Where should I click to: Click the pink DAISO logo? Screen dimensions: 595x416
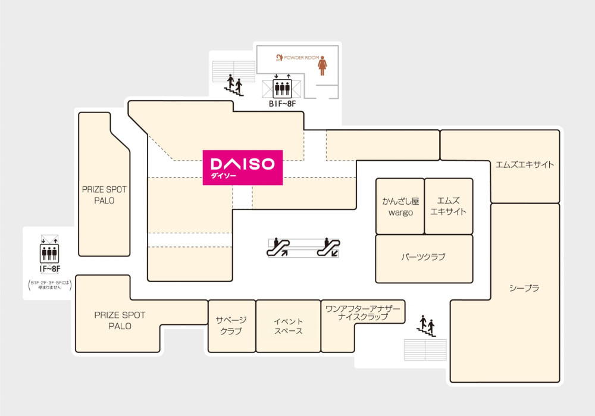coord(243,167)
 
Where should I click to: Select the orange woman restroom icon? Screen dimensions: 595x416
coord(322,65)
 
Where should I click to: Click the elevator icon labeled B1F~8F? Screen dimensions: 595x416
coord(282,88)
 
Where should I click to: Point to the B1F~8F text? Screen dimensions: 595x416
coord(282,104)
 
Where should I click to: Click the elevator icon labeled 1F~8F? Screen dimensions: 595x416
coord(49,253)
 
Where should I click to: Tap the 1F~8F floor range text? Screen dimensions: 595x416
coord(50,269)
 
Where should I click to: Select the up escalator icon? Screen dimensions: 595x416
coord(278,247)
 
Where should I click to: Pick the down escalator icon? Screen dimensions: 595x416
coord(328,247)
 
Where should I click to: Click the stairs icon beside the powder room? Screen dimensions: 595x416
coord(233,85)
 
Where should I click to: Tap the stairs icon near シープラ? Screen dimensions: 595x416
coord(427,326)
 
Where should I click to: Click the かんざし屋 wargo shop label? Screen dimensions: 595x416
coord(400,207)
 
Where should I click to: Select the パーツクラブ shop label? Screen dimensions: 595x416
coord(423,257)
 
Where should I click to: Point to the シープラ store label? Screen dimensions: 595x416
coord(524,288)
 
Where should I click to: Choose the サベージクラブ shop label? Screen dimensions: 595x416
coord(231,326)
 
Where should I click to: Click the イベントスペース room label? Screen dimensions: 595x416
coord(288,326)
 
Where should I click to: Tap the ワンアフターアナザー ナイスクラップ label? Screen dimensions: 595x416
coord(363,312)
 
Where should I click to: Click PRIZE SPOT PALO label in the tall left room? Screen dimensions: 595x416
coord(104,195)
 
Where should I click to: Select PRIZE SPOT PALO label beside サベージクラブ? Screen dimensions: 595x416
coord(120,320)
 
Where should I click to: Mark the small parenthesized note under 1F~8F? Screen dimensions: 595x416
coord(50,285)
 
